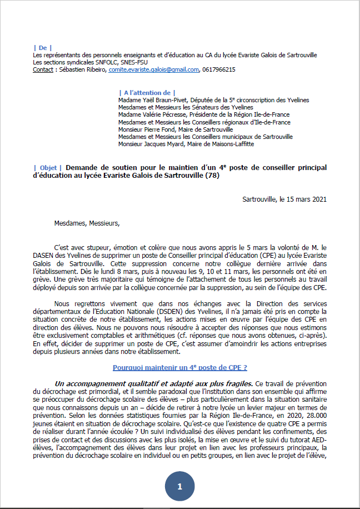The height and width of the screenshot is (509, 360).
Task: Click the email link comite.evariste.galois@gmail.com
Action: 154,70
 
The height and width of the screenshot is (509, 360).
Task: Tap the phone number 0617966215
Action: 218,70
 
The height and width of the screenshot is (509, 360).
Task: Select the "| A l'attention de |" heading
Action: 147,92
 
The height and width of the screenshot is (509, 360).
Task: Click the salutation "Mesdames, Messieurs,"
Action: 87,223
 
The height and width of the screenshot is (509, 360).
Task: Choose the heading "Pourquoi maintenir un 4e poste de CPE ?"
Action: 179,367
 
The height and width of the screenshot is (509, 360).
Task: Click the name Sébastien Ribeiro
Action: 82,70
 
